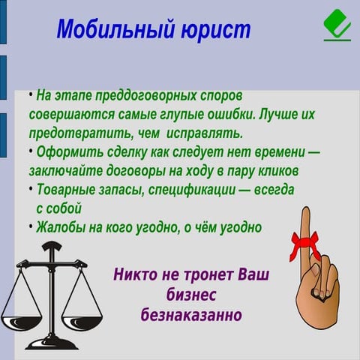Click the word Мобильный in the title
pyautogui.click(x=112, y=30)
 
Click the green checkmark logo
pyautogui.click(x=337, y=25)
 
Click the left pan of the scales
pyautogui.click(x=21, y=321)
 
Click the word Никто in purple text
pyautogui.click(x=136, y=273)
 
